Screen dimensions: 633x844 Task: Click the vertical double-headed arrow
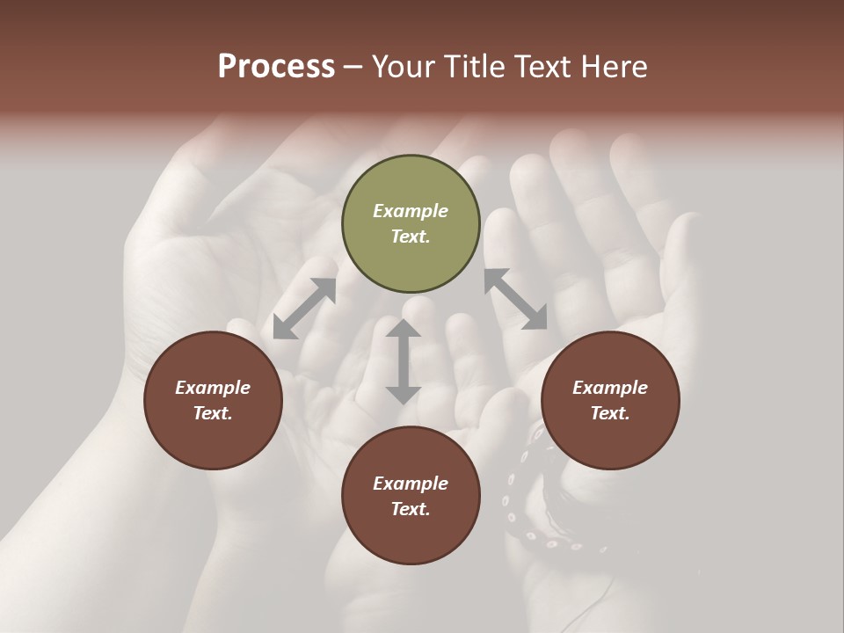pos(404,361)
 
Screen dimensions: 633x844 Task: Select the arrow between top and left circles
pos(304,309)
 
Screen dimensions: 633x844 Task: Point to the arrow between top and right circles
pos(515,299)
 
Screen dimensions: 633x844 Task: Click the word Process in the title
pos(276,67)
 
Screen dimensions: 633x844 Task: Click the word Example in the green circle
pos(411,211)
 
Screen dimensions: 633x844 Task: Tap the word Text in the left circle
pos(213,413)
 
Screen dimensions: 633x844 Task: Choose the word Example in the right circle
pos(610,388)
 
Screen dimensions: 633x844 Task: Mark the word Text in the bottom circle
pos(411,509)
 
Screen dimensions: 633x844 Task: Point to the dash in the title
pos(353,67)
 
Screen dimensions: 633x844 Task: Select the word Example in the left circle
pos(213,388)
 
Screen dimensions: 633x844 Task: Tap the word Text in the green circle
pos(411,236)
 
